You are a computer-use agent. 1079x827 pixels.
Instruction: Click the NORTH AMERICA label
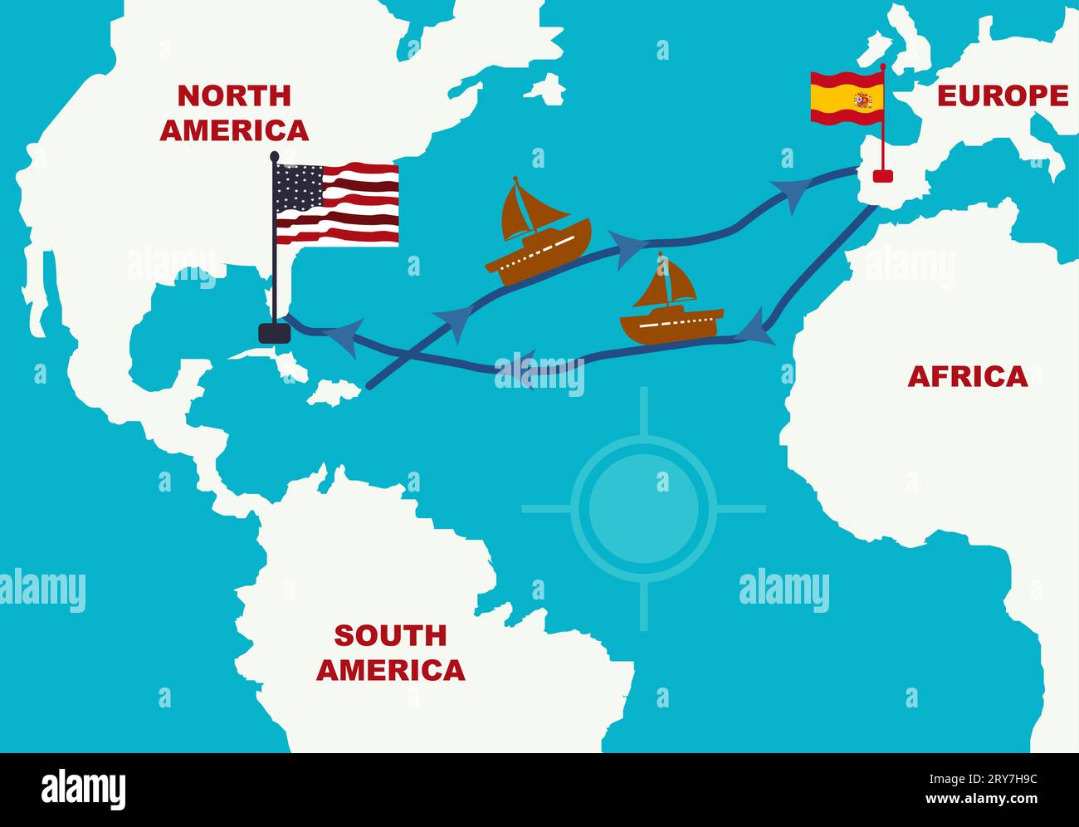coord(234,113)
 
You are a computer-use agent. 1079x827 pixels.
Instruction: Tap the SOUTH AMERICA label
coord(390,653)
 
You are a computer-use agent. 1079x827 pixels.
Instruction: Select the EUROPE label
coord(1003,96)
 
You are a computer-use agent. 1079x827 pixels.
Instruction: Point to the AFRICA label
coord(967,377)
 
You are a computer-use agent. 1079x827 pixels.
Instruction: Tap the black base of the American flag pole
coord(274,333)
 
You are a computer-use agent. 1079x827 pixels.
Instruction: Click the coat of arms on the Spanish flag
coord(863,100)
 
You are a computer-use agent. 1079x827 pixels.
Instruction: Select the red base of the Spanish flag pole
coord(881,175)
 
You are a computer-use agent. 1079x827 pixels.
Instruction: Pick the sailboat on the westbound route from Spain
coord(671,301)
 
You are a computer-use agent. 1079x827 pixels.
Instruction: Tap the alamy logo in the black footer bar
coord(84,789)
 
